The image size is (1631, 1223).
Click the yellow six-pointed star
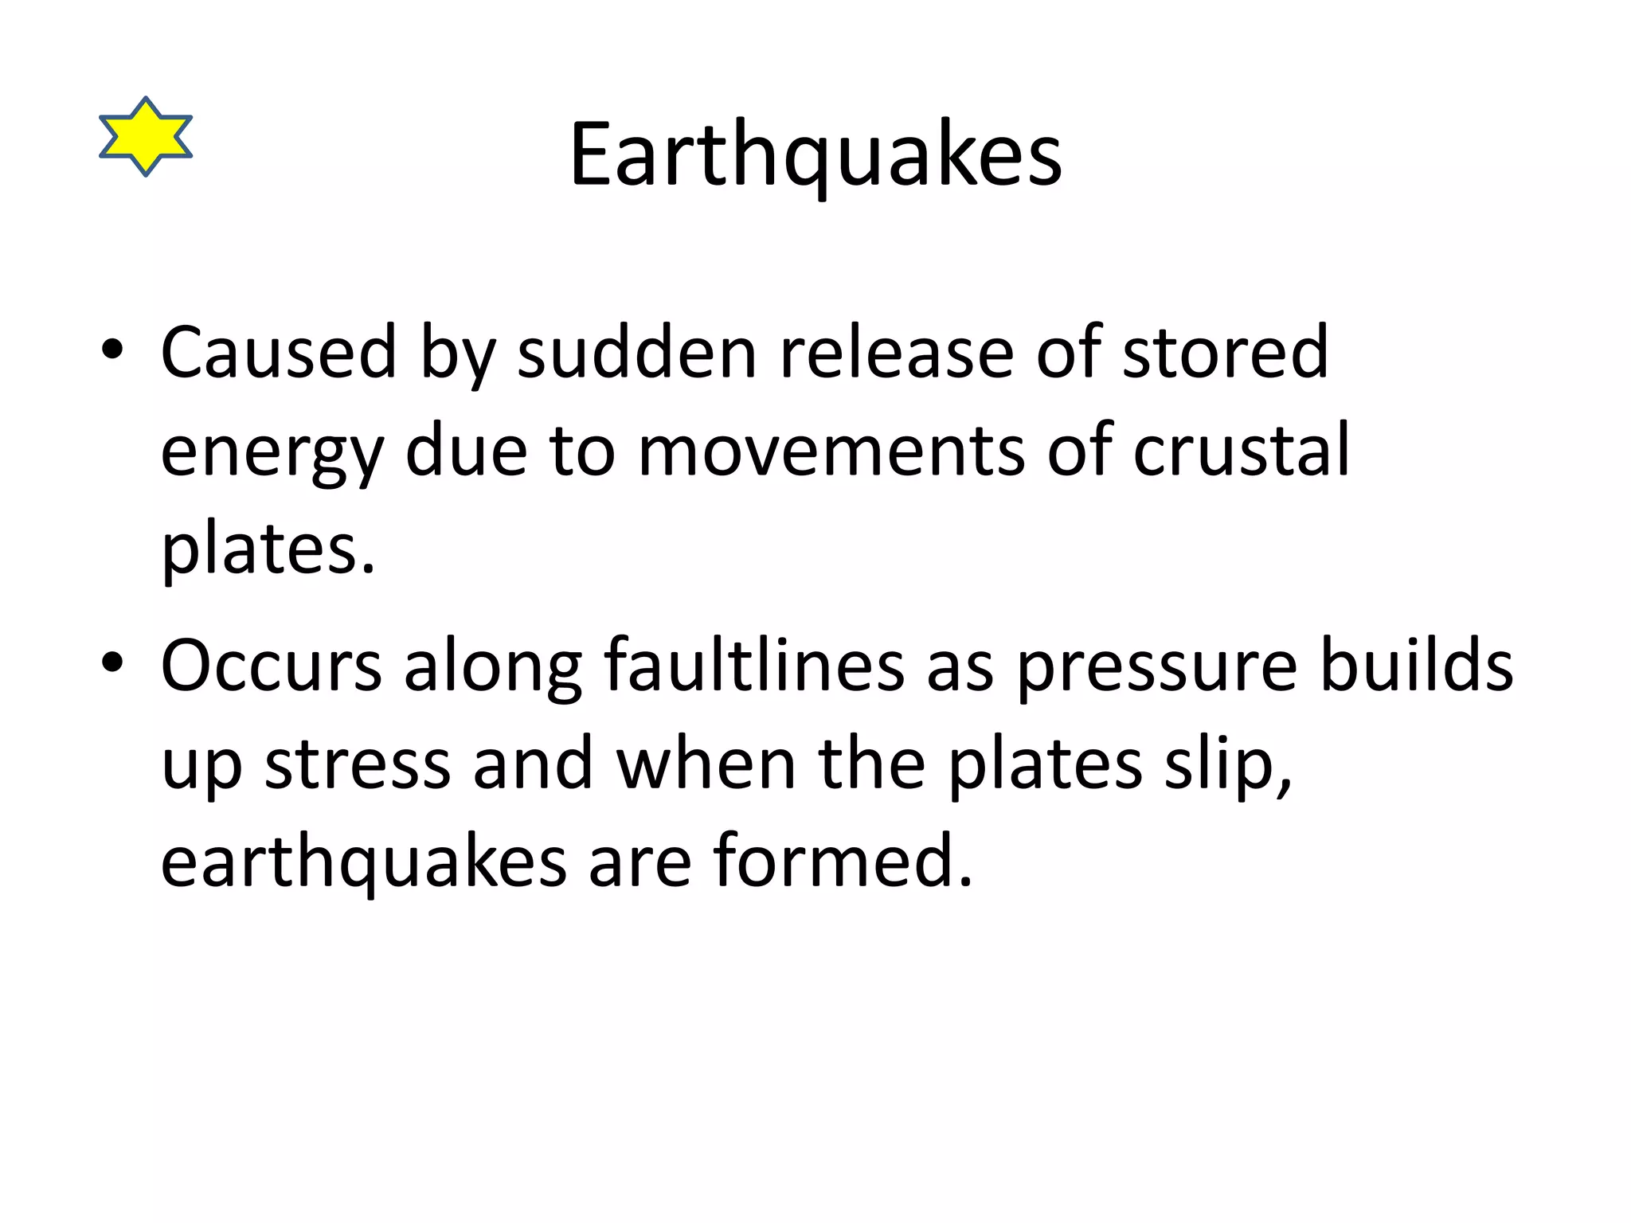pos(146,136)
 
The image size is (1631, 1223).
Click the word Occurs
pos(272,665)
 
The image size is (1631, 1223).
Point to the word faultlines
pos(753,665)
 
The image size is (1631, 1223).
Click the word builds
pos(1417,665)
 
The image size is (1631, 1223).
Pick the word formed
pos(843,861)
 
